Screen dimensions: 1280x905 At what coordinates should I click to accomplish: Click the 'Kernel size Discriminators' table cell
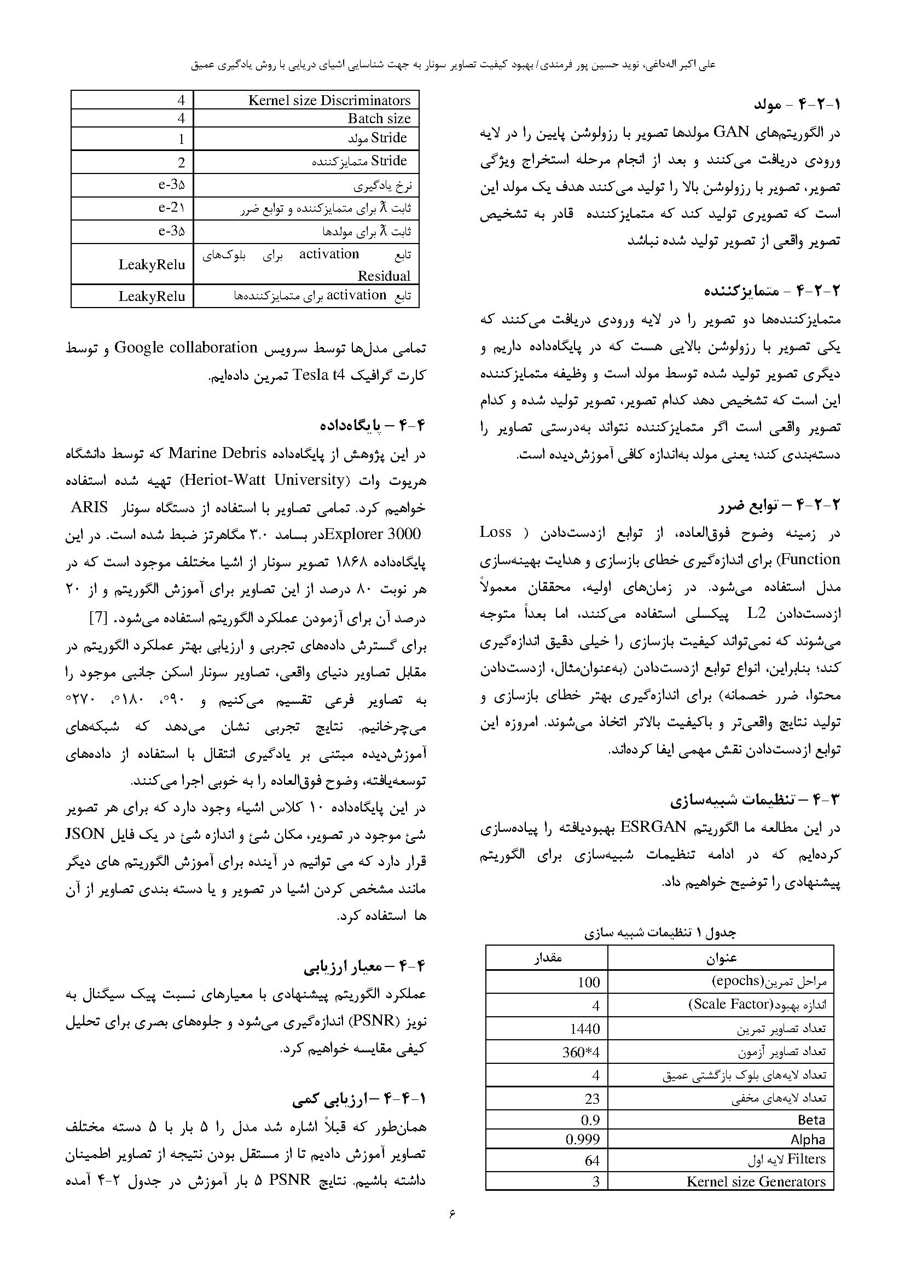click(x=329, y=100)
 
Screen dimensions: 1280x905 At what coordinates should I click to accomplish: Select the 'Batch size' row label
click(x=379, y=119)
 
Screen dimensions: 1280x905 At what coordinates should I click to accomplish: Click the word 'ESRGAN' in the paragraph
click(x=652, y=827)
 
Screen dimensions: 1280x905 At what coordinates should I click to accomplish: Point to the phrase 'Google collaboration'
click(x=185, y=348)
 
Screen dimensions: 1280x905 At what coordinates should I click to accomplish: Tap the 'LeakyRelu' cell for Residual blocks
click(x=152, y=264)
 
